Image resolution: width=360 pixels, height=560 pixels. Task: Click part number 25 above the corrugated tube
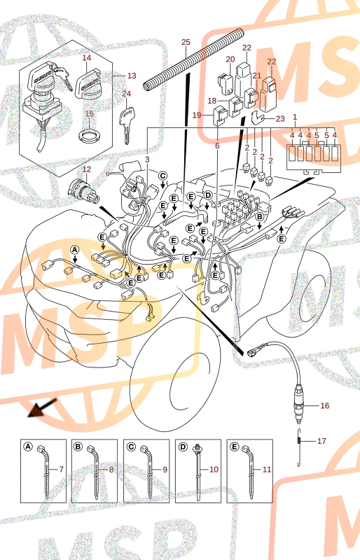[x=186, y=42]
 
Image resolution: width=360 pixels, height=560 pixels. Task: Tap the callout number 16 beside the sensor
[x=324, y=405]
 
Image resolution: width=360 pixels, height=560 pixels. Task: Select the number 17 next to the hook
[x=321, y=441]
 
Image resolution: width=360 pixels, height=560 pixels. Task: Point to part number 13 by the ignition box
[x=132, y=76]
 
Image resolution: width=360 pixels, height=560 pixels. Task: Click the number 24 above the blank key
[x=127, y=94]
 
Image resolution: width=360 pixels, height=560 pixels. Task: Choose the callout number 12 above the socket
[x=87, y=169]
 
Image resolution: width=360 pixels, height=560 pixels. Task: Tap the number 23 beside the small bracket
[x=280, y=118]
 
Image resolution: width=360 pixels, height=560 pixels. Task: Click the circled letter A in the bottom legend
[x=28, y=447]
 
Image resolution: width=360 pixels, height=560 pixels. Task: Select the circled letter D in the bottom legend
[x=183, y=447]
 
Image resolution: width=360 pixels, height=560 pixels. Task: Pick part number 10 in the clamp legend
[x=214, y=469]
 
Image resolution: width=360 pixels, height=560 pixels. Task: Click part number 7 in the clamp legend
[x=61, y=469]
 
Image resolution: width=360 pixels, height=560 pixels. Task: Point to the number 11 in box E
[x=267, y=469]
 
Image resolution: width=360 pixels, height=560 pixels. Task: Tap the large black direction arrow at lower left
[x=42, y=408]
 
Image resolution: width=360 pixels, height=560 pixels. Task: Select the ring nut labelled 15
[x=88, y=135]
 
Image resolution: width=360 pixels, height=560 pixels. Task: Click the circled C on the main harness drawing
[x=162, y=176]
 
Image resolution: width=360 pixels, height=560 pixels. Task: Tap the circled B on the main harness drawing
[x=260, y=216]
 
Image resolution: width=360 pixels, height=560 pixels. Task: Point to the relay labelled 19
[x=220, y=115]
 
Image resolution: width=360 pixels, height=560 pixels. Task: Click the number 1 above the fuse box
[x=295, y=117]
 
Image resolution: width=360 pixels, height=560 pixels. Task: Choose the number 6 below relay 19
[x=217, y=146]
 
